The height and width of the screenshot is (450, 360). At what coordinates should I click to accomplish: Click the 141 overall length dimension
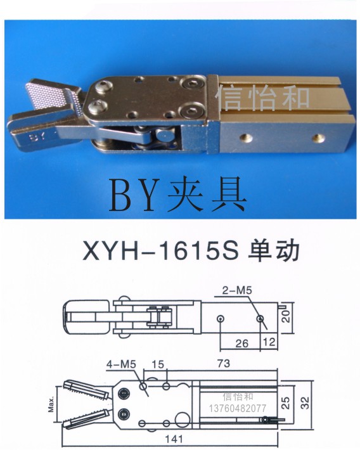(174, 439)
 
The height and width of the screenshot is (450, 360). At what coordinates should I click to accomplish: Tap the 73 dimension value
(223, 363)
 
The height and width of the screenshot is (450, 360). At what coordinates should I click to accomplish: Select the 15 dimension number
(158, 364)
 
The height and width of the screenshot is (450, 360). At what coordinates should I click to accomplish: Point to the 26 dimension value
(241, 344)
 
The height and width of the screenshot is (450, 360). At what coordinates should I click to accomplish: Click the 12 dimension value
(269, 342)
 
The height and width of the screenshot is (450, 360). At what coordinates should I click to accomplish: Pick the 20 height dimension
(286, 316)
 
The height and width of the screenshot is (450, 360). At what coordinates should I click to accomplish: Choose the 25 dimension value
(286, 403)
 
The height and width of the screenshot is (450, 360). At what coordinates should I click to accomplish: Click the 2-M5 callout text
(237, 290)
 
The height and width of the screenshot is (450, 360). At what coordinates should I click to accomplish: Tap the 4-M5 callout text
(121, 364)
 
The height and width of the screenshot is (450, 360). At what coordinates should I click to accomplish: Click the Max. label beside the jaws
(51, 404)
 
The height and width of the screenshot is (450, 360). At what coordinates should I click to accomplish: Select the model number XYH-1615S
(161, 251)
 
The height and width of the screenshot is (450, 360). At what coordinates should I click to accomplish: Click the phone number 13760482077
(238, 408)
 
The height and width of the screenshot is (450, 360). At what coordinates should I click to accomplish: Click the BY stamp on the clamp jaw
(37, 137)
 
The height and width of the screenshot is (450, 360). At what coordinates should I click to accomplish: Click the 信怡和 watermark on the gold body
(262, 98)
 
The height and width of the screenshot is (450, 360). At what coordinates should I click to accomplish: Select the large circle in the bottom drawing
(183, 420)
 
